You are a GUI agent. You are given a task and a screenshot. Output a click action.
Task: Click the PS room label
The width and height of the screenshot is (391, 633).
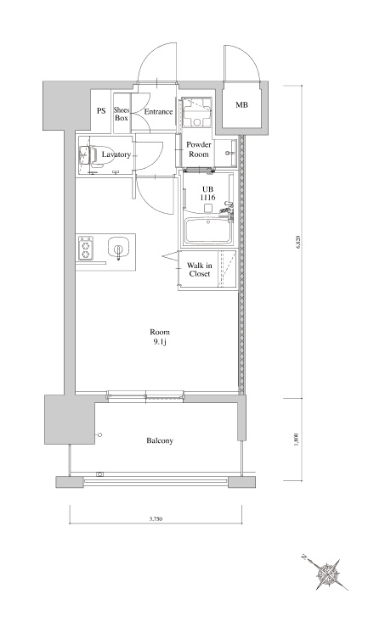pos(101,110)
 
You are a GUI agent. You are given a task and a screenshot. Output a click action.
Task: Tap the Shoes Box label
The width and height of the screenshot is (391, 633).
pos(122,115)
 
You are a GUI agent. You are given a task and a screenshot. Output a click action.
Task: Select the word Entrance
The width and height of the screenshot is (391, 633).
pos(158,112)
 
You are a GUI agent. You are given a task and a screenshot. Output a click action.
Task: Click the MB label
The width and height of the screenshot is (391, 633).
pos(241,105)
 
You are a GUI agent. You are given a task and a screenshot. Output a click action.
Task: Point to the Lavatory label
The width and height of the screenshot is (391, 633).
pos(116,154)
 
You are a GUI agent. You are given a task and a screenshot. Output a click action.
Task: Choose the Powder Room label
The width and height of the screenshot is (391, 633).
pos(199,149)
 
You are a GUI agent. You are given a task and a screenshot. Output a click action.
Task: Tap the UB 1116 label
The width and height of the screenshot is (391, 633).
pos(208,193)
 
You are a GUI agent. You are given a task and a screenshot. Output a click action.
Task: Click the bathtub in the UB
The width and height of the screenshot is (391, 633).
pos(208,231)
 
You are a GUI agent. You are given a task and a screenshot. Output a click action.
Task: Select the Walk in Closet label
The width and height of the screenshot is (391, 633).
pos(200,270)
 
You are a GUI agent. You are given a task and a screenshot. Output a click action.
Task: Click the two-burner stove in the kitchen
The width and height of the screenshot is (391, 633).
pos(85,249)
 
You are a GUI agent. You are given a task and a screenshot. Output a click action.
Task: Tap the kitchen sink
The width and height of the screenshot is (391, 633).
pos(118,249)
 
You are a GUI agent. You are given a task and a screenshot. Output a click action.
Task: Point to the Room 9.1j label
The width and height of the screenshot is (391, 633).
pos(160,337)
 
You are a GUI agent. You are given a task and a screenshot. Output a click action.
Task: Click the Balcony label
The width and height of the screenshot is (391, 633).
pos(160,440)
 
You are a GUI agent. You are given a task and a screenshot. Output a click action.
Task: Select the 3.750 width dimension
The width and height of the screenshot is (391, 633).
pos(156,519)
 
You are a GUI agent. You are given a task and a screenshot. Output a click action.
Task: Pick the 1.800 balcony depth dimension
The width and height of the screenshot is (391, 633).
pos(297,440)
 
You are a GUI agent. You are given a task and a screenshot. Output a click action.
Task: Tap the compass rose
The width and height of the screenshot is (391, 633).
pos(326,574)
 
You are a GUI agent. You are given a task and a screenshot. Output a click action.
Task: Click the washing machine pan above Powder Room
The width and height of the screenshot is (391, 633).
pos(197,113)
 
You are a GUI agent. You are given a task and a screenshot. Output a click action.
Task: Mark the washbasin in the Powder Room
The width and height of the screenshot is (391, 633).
pos(230,153)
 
